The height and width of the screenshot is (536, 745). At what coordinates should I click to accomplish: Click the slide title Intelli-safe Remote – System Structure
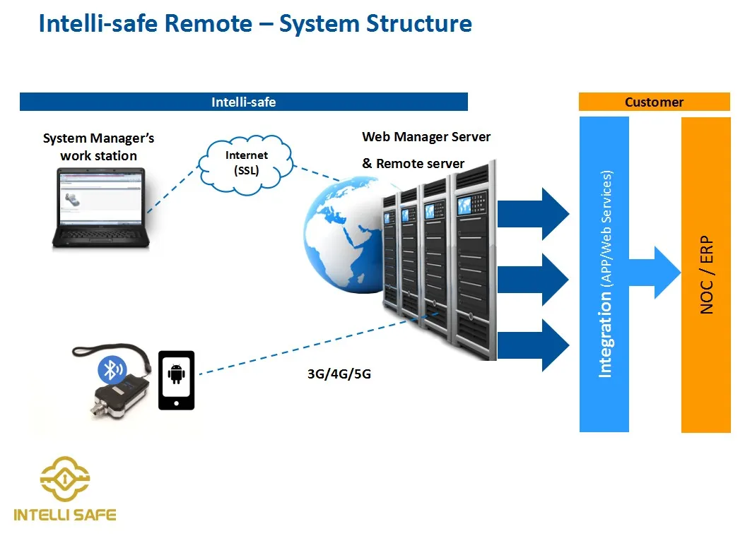click(x=255, y=23)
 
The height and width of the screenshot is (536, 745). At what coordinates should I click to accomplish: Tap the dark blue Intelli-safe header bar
click(x=244, y=102)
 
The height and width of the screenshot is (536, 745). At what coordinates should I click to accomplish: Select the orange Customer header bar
click(x=654, y=102)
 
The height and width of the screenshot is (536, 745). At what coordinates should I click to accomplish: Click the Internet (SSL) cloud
click(x=247, y=162)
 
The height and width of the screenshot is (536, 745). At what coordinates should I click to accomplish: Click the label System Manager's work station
click(x=98, y=147)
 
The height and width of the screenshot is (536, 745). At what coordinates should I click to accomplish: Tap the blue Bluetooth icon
click(x=111, y=369)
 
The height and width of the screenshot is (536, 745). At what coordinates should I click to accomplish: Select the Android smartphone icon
click(x=176, y=380)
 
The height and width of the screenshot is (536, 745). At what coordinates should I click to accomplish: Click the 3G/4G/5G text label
click(x=339, y=374)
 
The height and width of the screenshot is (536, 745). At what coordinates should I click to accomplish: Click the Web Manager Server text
click(x=426, y=137)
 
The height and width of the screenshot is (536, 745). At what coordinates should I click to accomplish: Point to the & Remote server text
click(x=413, y=164)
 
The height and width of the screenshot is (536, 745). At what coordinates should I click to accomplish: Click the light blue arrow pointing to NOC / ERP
click(x=654, y=273)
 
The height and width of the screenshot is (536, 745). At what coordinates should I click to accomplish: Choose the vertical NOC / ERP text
click(x=706, y=275)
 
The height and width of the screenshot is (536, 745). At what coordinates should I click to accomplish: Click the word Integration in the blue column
click(x=605, y=336)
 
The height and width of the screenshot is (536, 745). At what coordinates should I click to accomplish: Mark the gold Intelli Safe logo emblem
click(x=65, y=479)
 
